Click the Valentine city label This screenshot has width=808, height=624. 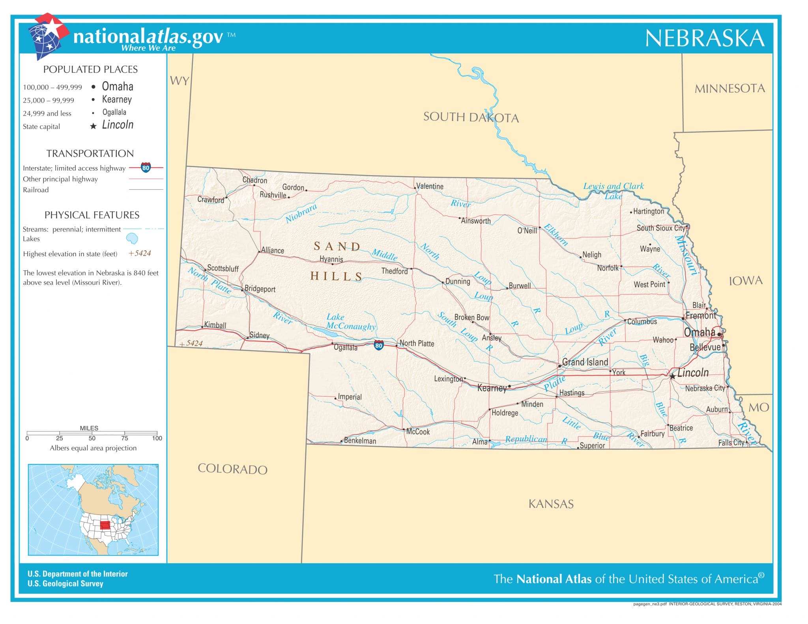click(x=430, y=186)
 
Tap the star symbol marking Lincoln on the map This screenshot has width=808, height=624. click(x=673, y=376)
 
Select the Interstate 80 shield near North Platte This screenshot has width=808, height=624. click(x=378, y=345)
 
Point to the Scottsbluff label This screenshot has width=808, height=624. click(x=223, y=268)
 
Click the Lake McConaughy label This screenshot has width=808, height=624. click(x=350, y=322)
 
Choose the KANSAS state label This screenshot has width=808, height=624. click(x=551, y=504)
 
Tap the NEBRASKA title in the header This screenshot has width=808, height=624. click(x=705, y=38)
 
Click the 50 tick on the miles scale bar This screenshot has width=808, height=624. click(x=92, y=438)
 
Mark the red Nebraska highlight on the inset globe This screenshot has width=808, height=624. click(x=105, y=525)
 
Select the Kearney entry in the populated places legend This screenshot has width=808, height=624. click(x=117, y=99)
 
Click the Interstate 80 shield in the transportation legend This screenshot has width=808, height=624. click(x=146, y=168)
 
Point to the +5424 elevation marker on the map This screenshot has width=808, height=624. click(x=191, y=343)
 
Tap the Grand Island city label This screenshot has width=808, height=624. click(x=585, y=362)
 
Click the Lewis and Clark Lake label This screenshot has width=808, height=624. click(x=613, y=190)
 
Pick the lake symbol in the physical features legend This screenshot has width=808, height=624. click(x=132, y=238)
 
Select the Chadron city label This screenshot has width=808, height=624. click(x=254, y=180)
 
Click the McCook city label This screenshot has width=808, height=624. click(x=418, y=432)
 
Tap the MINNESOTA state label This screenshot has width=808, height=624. click(x=729, y=89)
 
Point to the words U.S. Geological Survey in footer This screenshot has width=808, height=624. click(x=65, y=583)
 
